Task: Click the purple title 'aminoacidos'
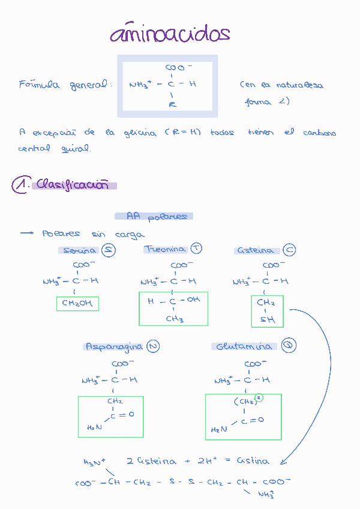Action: point(170,34)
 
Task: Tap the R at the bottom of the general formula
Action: point(172,105)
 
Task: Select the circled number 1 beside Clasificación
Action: point(20,185)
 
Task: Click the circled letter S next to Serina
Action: point(109,250)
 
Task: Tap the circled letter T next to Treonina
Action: point(196,248)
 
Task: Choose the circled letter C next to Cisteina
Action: point(289,250)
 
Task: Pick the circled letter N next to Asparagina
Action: point(153,346)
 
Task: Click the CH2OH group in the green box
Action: point(77,304)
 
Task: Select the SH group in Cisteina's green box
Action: point(268,320)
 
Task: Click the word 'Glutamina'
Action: point(244,347)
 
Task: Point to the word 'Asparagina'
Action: point(114,347)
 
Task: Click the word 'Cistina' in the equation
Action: point(253,461)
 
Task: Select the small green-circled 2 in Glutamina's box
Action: point(259,398)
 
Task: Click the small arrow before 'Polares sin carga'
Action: point(28,233)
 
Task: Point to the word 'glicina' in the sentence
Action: point(139,133)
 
